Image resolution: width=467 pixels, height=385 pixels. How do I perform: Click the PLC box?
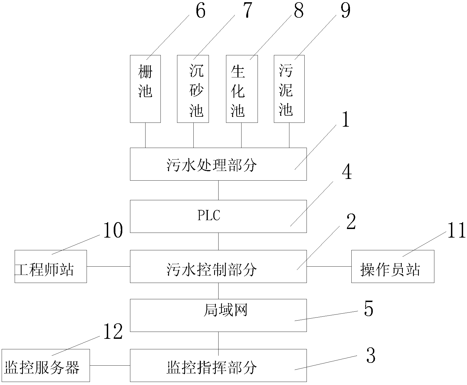click(x=218, y=216)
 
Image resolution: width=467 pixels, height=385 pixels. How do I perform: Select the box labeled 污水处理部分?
click(x=218, y=164)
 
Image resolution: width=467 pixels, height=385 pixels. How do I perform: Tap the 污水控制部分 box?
click(x=218, y=266)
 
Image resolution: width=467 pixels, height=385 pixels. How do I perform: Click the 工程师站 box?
click(x=51, y=266)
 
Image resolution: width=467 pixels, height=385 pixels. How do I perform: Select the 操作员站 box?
click(x=393, y=266)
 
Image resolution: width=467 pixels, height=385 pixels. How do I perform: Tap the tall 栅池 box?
click(x=145, y=89)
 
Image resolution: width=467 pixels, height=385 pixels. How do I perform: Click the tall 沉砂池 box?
click(x=193, y=89)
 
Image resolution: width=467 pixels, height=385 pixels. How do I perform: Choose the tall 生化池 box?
click(x=242, y=89)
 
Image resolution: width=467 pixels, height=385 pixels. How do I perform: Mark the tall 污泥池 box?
click(x=289, y=89)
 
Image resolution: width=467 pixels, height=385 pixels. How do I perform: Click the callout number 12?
click(x=113, y=332)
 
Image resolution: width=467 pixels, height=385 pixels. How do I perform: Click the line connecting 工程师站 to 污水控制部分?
click(x=108, y=266)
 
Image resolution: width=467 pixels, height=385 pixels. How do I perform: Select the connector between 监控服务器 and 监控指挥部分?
click(x=110, y=365)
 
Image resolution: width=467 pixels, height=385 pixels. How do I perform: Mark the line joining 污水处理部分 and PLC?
click(x=218, y=190)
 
